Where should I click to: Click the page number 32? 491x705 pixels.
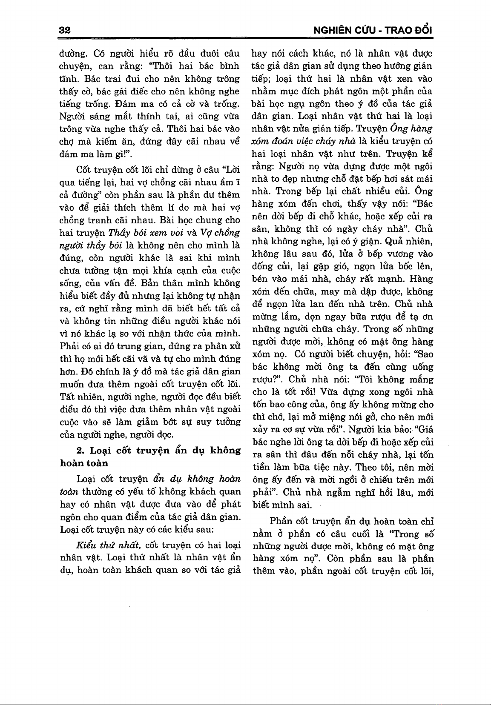point(65,30)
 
